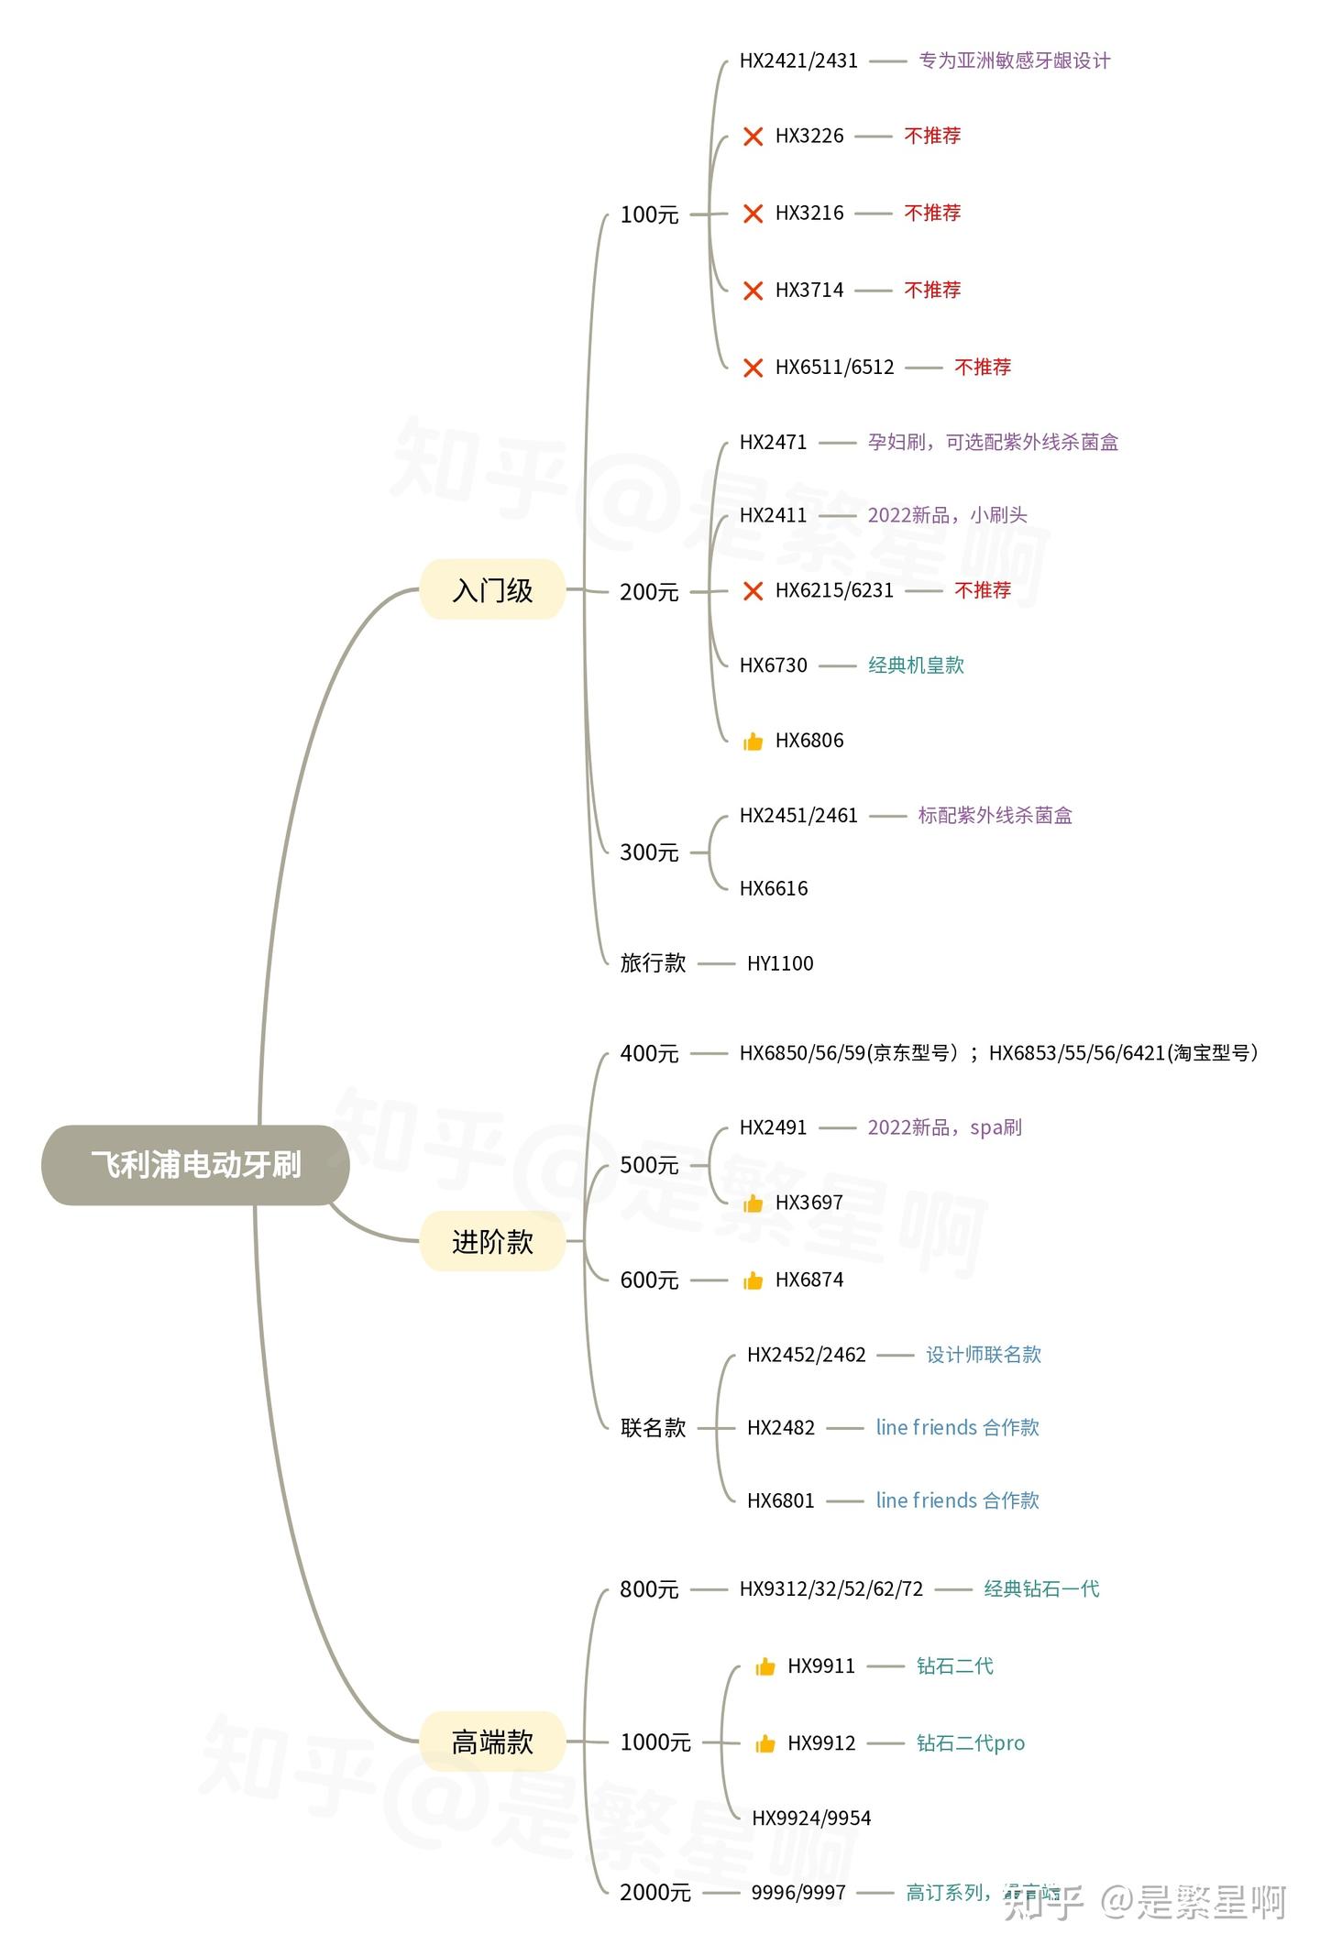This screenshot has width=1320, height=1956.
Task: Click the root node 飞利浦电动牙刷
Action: pos(195,1165)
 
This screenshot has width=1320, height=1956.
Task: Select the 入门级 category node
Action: pos(492,590)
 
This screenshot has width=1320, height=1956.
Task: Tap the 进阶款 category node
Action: pos(492,1242)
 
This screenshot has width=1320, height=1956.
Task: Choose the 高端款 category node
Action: pos(492,1742)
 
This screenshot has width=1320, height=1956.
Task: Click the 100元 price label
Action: pos(649,214)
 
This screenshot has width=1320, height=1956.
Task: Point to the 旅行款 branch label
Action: pos(653,963)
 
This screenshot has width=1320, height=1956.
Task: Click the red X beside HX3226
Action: pos(753,137)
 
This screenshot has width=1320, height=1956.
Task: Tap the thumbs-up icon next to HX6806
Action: pos(753,742)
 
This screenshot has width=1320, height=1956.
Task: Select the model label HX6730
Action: pos(773,665)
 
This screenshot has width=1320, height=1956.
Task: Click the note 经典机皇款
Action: pos(916,665)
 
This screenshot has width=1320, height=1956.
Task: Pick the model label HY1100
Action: pos(780,963)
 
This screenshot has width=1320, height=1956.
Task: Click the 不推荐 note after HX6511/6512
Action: pos(983,368)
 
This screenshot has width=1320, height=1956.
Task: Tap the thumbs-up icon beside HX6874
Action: pos(753,1280)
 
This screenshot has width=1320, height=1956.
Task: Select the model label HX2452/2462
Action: pos(806,1355)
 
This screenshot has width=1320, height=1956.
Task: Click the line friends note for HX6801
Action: pos(957,1500)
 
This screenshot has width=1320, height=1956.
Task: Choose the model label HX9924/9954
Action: pos(811,1818)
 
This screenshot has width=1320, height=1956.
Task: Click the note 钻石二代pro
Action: pos(971,1743)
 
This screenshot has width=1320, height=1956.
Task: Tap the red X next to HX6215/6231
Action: pos(753,591)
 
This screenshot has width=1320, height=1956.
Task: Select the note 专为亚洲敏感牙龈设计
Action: pos(1015,61)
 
